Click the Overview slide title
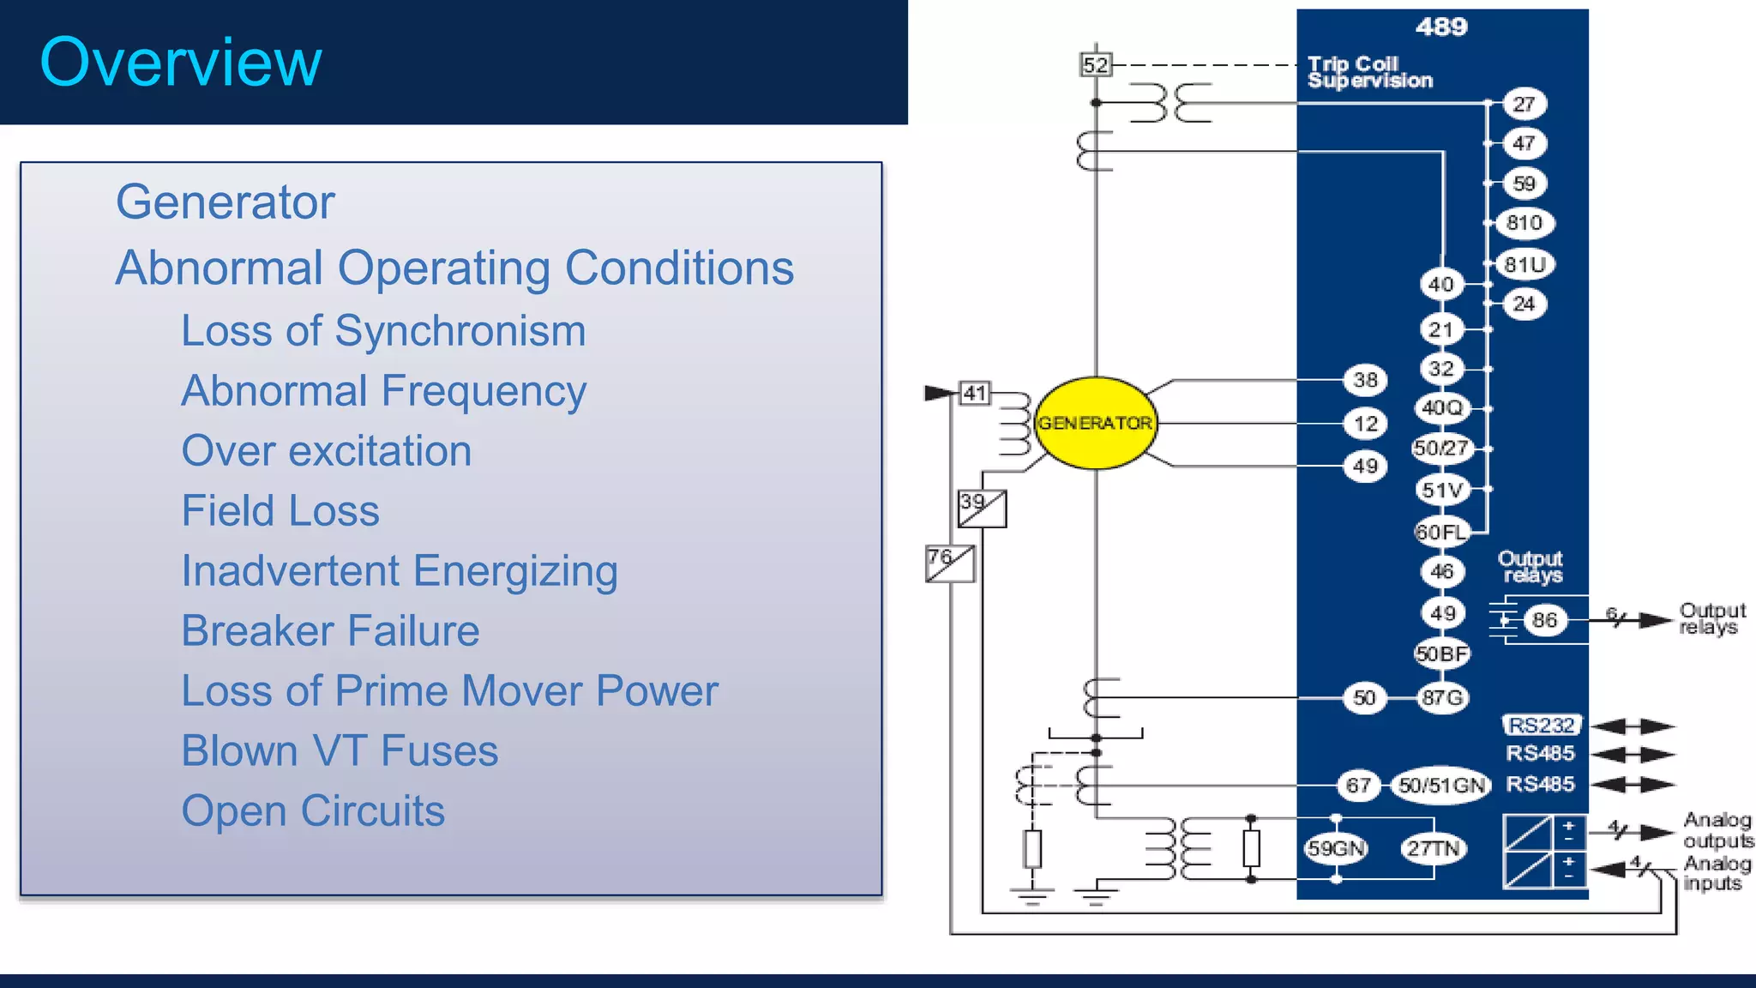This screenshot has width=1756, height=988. point(181,63)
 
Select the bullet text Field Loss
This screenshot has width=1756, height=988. point(280,511)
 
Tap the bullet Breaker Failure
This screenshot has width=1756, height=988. point(330,631)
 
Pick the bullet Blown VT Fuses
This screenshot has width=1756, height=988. point(340,751)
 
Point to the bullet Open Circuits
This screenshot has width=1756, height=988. point(313,811)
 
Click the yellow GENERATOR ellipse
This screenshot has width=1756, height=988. point(1095,423)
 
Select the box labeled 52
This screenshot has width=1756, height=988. point(1095,65)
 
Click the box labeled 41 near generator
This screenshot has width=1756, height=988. point(974,394)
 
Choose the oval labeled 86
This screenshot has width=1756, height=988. point(1544,620)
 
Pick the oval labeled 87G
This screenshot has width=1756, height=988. point(1442,698)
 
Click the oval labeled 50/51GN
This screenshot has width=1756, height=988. point(1441,786)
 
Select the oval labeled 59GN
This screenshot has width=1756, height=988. point(1335,849)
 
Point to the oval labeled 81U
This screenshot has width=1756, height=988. point(1524,264)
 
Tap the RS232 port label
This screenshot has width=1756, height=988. point(1541,726)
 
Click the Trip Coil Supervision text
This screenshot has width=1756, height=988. point(1369,73)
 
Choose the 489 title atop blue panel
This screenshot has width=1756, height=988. point(1441,27)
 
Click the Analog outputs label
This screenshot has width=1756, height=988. point(1717,830)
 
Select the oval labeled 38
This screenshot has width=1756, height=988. point(1365,380)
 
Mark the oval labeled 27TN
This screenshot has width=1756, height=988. point(1433,849)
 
